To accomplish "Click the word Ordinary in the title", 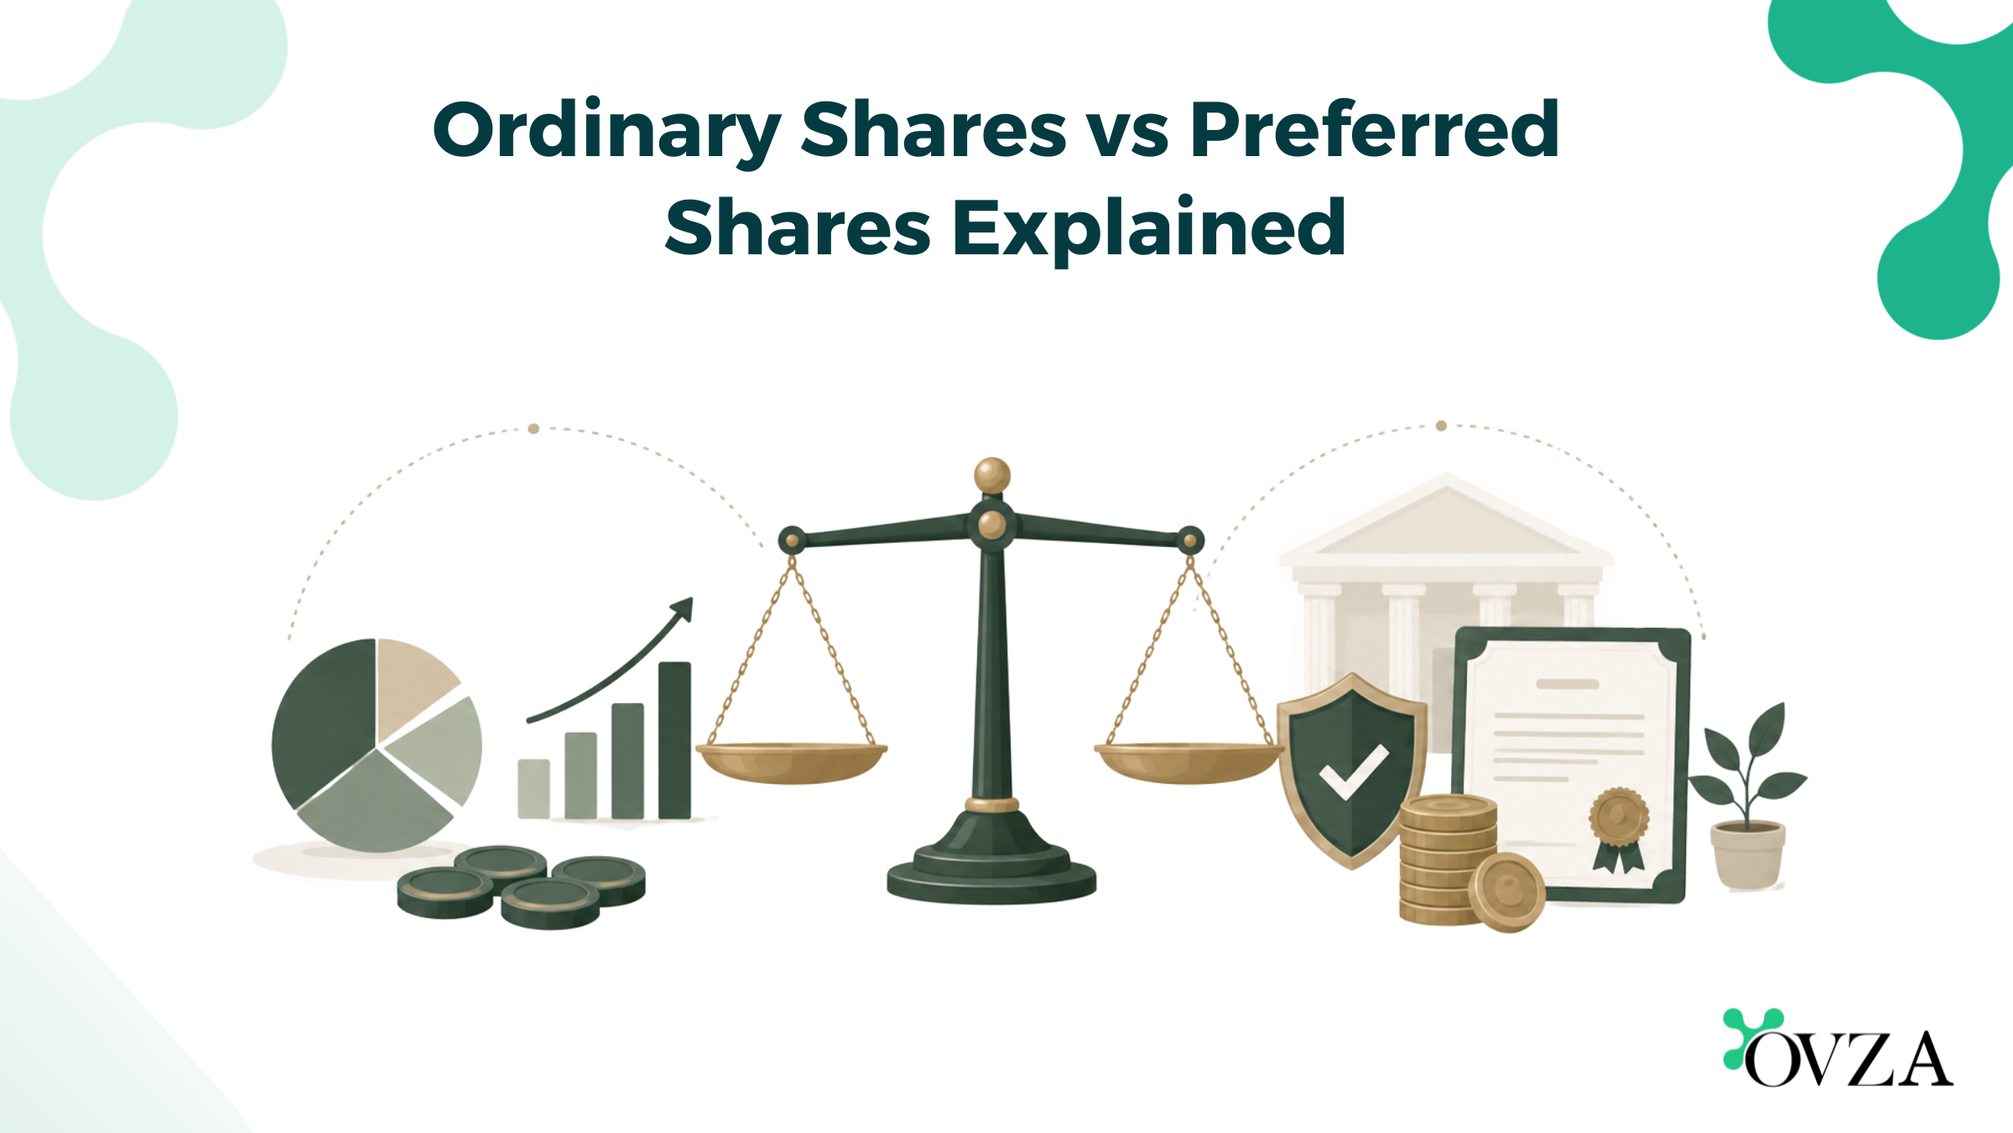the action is (x=606, y=133).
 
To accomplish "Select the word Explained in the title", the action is (x=1149, y=228).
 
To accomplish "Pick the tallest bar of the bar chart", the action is (x=674, y=740).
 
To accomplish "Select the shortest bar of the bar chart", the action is (x=533, y=789).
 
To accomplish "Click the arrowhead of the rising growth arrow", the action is (x=683, y=608).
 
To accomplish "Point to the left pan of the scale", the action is (x=791, y=761).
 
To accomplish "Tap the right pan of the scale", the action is (x=1189, y=761).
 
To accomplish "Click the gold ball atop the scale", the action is (x=992, y=476).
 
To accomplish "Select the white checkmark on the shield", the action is (x=1353, y=771).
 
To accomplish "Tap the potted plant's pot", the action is (x=1748, y=855).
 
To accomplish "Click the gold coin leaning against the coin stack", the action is (x=1507, y=892).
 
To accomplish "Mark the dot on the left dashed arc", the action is (x=533, y=429).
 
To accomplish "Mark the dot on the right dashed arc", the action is (x=1441, y=426).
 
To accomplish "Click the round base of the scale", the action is (x=991, y=878).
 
